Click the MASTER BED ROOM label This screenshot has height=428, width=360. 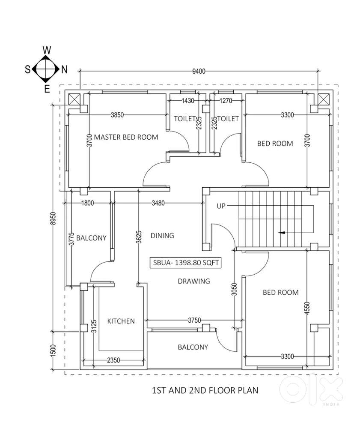pos(126,137)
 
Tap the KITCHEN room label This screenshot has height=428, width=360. pos(121,321)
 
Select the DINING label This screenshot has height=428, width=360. pos(162,236)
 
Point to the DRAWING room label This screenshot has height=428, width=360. pos(194,281)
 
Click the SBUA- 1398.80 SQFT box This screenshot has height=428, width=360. pos(186,263)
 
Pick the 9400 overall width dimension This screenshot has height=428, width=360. pos(199,71)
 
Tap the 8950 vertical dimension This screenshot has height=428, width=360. pos(53,218)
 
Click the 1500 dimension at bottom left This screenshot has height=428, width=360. pos(53,350)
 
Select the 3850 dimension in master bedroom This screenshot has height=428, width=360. pos(117,115)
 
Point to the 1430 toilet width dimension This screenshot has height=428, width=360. pos(188,101)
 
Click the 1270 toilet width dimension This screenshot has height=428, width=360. pos(226,101)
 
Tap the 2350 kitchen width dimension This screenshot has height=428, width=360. pos(113,360)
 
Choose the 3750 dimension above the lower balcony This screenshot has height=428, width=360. pos(194,320)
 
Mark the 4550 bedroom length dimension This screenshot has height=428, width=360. pos(307,308)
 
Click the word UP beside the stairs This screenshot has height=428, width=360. pos(221,206)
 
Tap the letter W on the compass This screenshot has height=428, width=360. pos(47,50)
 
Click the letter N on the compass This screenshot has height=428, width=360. pos(64,69)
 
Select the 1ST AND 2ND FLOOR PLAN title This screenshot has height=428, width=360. pos(205,390)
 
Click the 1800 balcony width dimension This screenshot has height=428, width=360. pos(88,203)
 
